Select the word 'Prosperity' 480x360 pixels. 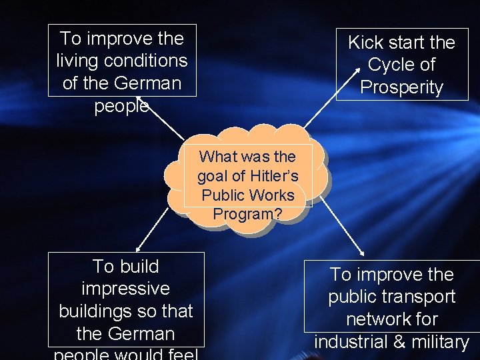tap(401, 87)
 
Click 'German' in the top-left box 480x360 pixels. tap(147, 83)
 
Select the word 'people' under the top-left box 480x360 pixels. tap(121, 106)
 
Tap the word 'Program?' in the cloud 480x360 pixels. tap(247, 215)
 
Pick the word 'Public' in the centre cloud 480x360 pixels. tap(224, 195)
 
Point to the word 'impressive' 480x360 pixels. tap(125, 289)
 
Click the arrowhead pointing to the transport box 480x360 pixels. tap(362, 252)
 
